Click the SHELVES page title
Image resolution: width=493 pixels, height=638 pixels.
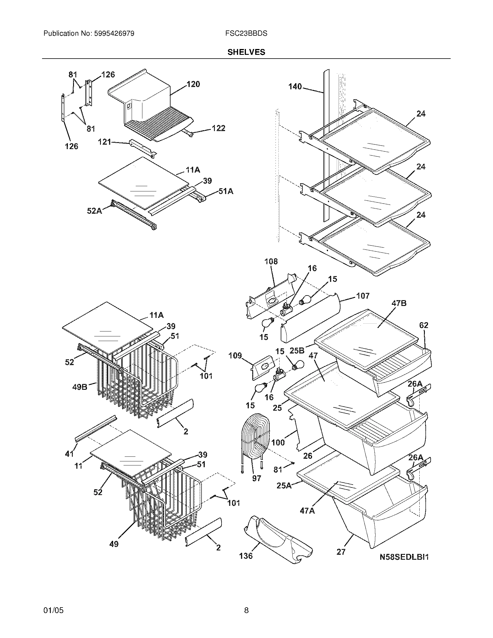tap(246, 52)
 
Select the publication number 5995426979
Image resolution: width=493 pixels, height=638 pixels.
tap(114, 34)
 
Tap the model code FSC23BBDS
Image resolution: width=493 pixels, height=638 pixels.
tap(246, 34)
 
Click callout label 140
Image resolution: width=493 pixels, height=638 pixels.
tap(295, 86)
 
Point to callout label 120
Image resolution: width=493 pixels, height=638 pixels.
tap(193, 84)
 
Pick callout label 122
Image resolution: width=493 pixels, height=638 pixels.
tap(218, 128)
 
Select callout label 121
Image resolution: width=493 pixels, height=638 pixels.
tap(104, 142)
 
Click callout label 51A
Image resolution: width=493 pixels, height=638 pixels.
tap(226, 191)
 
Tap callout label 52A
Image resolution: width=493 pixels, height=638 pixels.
tap(94, 211)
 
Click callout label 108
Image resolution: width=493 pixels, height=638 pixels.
tap(271, 262)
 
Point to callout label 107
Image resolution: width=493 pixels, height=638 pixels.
tap(363, 296)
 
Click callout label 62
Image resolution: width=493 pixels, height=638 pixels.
tap(423, 325)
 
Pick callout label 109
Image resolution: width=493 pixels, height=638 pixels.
tap(235, 356)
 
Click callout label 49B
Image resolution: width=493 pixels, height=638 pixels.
tap(80, 387)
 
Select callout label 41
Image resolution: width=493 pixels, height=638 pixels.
tap(69, 454)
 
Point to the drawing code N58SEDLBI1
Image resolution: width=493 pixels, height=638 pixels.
tap(404, 557)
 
